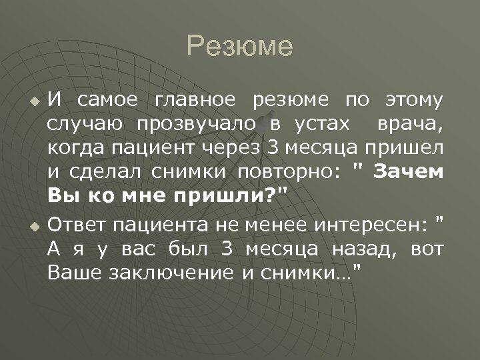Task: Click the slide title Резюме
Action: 240,47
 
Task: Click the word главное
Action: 195,101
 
